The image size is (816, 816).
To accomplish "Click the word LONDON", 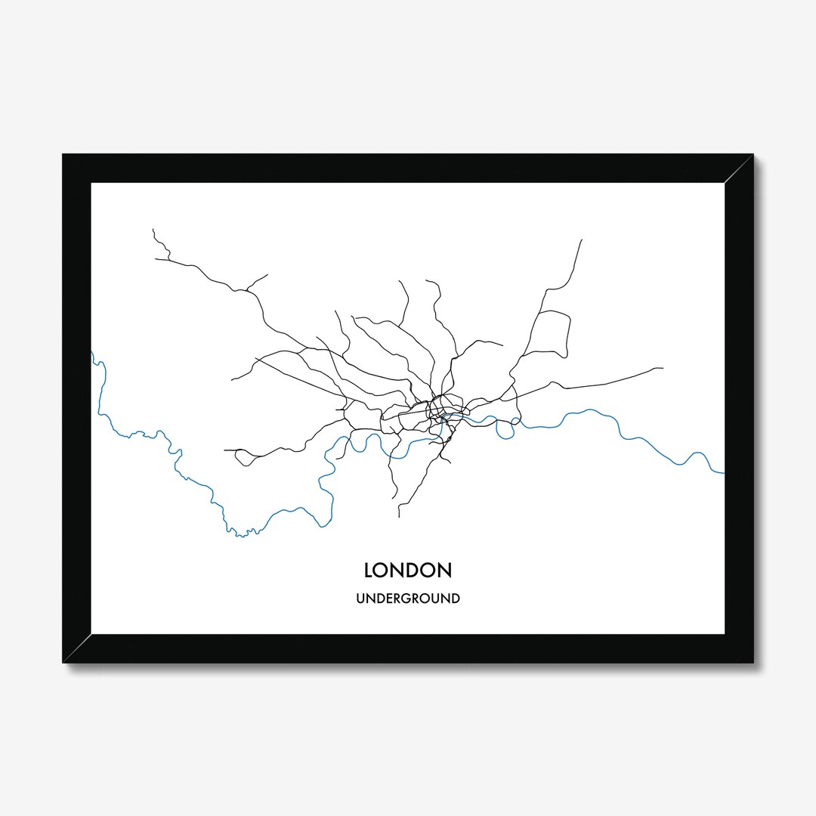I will click(407, 569).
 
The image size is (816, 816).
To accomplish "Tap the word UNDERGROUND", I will click(407, 599).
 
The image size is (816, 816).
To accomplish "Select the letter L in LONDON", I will click(368, 569).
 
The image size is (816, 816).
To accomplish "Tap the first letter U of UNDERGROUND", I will click(360, 599).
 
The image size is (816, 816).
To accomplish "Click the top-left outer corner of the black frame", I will click(63, 154).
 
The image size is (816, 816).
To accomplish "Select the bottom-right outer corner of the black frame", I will click(753, 663).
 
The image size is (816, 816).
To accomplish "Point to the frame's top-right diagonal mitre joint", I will click(738, 168).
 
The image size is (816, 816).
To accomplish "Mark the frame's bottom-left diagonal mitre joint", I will click(77, 648).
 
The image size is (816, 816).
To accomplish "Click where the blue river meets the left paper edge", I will click(92, 352).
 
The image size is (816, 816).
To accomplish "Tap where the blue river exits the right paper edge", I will click(724, 473).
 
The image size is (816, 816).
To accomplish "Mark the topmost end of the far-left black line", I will click(153, 228).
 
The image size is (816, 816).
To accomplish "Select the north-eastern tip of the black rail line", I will click(582, 240).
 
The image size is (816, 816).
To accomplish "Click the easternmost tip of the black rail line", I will click(663, 368).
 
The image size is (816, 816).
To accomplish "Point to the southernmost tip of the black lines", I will click(399, 518).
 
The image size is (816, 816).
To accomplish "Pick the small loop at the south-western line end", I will click(242, 456).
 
